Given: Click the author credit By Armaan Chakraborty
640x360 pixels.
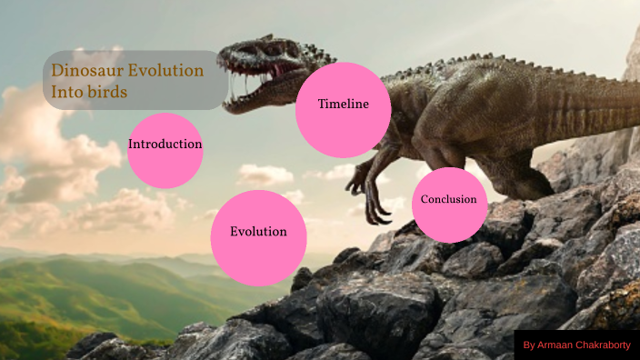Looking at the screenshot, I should [x=575, y=345].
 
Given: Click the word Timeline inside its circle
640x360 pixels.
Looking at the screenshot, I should [x=343, y=104].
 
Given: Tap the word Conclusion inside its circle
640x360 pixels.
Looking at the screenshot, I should [x=449, y=199].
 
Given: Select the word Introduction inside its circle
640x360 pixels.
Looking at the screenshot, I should [x=165, y=144].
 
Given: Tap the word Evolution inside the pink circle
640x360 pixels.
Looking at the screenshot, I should [x=258, y=232].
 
